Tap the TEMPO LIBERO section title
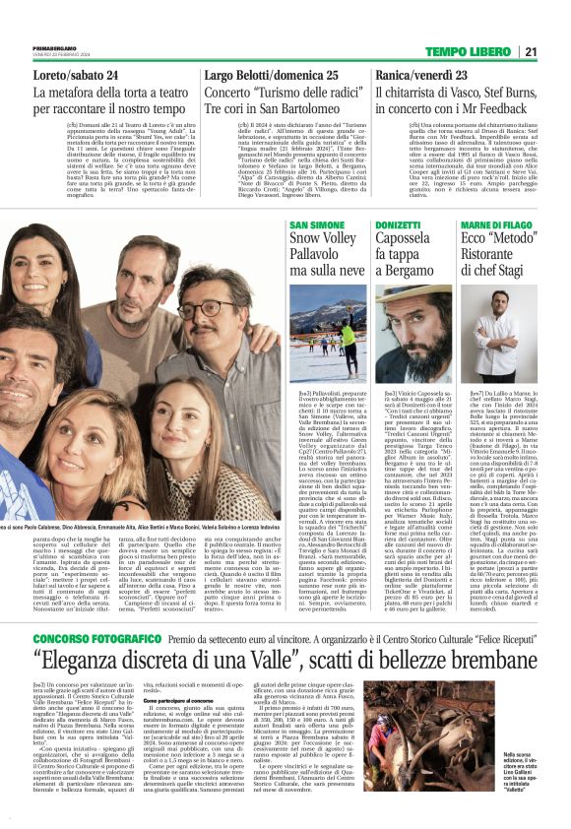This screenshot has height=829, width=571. pyautogui.click(x=469, y=51)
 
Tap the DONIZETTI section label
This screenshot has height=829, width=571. pyautogui.click(x=398, y=225)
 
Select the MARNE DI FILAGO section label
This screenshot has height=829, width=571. pyautogui.click(x=496, y=225)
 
